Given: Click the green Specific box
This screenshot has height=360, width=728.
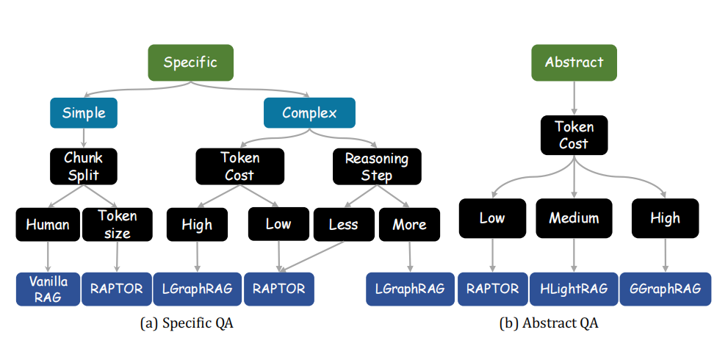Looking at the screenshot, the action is coord(190,62).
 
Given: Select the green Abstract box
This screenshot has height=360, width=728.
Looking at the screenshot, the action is coord(574,62).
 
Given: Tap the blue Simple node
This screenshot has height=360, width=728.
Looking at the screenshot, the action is coord(84,113).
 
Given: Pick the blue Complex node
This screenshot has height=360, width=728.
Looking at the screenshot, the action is coord(309,113).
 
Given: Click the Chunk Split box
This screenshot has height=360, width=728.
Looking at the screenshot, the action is coord(84,166).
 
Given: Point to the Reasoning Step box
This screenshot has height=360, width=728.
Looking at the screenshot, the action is coord(377,166).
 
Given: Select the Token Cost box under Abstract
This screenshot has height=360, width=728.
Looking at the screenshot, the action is coord(574,135).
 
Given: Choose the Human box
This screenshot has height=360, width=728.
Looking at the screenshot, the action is coord(48,225).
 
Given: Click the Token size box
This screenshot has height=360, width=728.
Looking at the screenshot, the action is coord(117,225).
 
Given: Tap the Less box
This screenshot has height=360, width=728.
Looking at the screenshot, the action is coord(344,224).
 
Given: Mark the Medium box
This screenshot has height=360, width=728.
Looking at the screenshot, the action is coord(574,218).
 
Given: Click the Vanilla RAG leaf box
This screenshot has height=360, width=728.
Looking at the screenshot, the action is coord(48,289).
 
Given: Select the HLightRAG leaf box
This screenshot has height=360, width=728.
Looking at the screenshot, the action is coord(574,289).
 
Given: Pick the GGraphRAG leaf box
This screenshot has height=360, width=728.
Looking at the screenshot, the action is coord(666,289).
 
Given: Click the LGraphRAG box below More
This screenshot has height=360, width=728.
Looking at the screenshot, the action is coord(410,289).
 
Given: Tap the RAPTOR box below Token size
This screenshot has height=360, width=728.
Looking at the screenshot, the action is coord(117,289).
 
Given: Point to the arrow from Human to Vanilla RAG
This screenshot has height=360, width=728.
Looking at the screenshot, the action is coord(48,257).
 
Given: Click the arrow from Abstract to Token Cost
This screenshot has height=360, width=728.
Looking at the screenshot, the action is coord(574,98).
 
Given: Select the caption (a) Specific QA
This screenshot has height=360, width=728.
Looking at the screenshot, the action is coord(187,323).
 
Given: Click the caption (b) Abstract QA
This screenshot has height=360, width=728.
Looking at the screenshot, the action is coord(549,323).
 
